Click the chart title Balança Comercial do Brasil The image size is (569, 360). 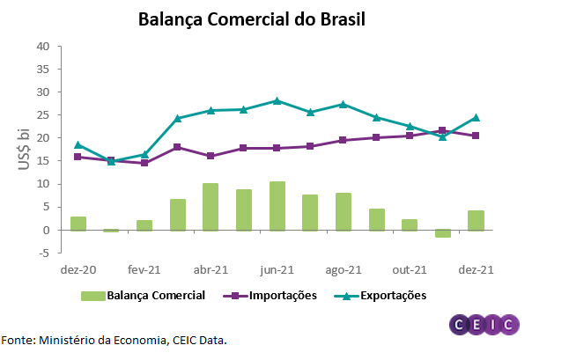pos(252,18)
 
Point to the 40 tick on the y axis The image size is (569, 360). pos(42,46)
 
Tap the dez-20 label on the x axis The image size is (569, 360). pos(78,272)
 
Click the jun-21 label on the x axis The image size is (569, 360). pos(277,272)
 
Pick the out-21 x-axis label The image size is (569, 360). pos(410,272)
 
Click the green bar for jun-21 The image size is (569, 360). pos(277,206)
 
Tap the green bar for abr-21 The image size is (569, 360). pos(211,207)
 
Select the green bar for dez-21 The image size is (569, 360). pos(476,220)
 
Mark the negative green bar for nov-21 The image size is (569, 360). pos(443,233)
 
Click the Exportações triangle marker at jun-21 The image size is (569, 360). pos(277,100)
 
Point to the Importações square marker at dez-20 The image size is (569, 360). pos(78,157)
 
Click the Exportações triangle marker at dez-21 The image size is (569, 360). pos(476,117)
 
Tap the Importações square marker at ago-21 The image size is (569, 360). pos(343,140)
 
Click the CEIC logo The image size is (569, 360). pos(484,324)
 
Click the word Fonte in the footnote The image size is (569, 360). pos(17,339)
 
